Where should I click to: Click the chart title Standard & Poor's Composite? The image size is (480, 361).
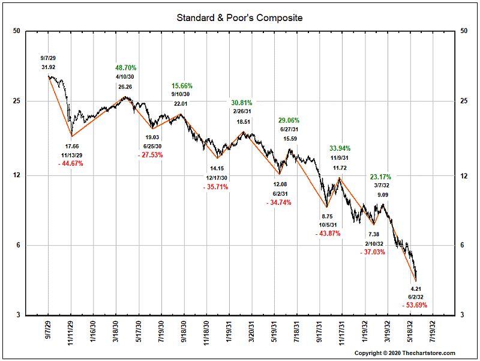coord(239,17)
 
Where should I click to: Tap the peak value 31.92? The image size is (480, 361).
coord(49,67)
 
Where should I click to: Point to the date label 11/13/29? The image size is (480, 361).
coord(71,154)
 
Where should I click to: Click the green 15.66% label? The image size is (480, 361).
coord(181,86)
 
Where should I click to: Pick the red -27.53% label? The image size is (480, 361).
coord(150,155)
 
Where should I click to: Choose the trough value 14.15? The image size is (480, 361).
coord(216,169)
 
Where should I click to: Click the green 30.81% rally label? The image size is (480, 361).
coord(242,103)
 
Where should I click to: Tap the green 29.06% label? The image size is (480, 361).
coord(290,120)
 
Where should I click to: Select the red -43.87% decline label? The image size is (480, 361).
coord(327,234)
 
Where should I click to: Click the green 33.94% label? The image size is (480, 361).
coord(340,148)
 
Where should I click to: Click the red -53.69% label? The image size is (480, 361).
coord(415,305)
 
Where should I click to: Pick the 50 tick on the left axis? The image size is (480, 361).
coord(16,31)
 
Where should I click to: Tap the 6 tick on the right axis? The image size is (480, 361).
coord(462,245)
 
